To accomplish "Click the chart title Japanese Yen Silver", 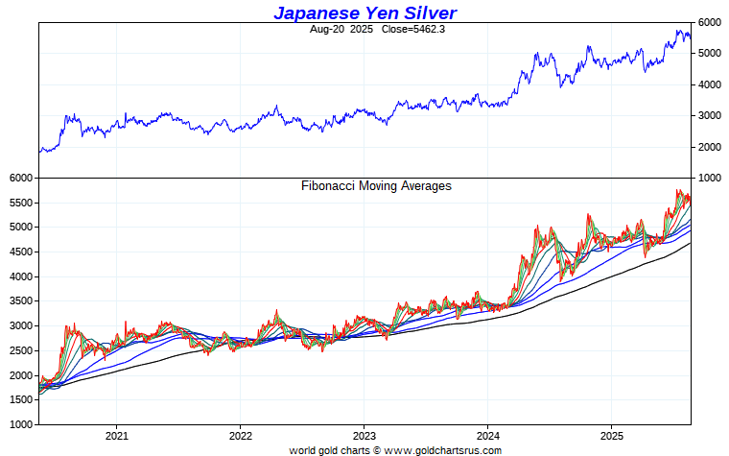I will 364,12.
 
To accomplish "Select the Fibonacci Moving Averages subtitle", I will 376,186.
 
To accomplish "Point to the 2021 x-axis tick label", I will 116,434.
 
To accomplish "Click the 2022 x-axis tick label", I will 240,434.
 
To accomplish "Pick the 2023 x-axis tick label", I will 364,434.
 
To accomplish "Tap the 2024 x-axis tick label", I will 487,434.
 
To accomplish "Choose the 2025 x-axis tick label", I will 612,434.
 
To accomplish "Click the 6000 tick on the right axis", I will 709,22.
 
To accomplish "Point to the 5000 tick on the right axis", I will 709,54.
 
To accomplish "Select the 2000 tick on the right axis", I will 709,147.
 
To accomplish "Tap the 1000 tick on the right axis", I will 709,179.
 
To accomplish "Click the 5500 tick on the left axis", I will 19,204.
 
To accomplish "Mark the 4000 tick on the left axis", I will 19,277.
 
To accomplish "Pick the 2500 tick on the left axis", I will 19,351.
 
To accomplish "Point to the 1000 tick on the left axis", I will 19,424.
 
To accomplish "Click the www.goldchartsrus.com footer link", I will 442,449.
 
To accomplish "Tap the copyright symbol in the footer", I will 377,449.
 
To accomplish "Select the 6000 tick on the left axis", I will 19,179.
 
